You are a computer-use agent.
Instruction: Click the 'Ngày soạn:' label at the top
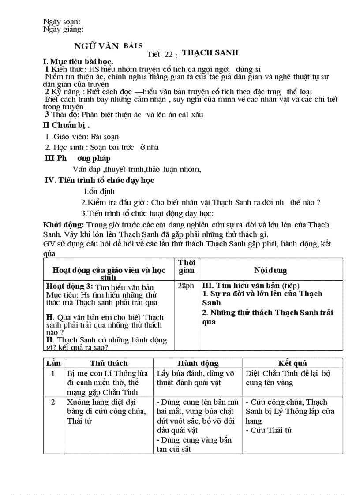[x=62, y=22]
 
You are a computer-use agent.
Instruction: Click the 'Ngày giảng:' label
[x=64, y=29]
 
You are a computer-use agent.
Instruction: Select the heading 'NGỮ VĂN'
[x=97, y=47]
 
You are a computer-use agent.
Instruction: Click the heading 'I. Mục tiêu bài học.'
[x=78, y=61]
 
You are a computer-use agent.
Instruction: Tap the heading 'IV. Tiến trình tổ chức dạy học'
[x=100, y=180]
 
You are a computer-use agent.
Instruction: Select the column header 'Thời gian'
[x=187, y=267]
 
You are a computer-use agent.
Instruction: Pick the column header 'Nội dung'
[x=270, y=270]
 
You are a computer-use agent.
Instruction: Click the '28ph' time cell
[x=186, y=286]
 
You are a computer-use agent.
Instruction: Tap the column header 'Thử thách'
[x=109, y=363]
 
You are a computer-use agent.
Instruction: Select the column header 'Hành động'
[x=198, y=363]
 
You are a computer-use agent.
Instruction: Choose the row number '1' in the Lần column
[x=53, y=373]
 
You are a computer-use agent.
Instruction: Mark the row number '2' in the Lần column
[x=53, y=402]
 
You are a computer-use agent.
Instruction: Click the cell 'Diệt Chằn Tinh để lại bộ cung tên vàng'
[x=288, y=378]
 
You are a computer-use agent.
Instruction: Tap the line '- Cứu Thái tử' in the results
[x=269, y=430]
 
